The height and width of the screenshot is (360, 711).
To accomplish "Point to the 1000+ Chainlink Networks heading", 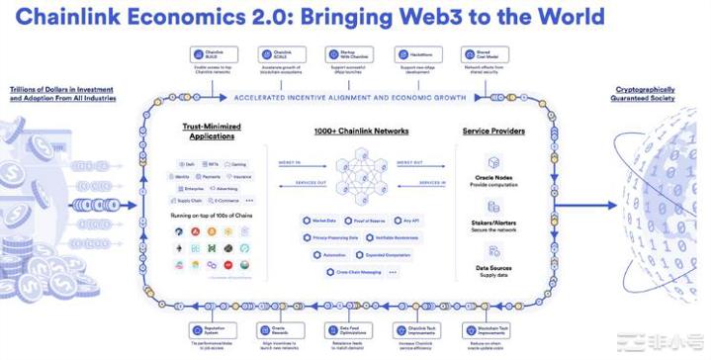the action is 361,132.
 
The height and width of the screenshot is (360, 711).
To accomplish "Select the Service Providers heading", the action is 493,132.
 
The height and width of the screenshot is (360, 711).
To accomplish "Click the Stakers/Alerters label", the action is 493,225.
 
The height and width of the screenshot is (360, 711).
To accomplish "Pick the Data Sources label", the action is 493,268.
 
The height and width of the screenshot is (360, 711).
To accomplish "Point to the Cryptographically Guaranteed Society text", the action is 645,94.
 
